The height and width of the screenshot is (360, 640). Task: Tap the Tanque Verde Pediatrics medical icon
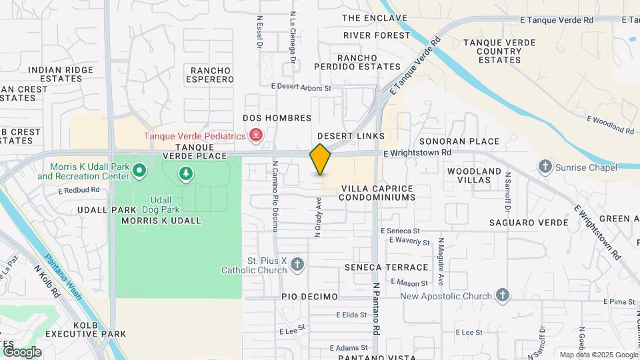click(255, 136)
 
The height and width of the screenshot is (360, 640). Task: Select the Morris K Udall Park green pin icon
click(139, 171)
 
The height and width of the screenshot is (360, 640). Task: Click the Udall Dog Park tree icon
click(186, 175)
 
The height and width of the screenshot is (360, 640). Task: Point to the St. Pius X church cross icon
click(297, 265)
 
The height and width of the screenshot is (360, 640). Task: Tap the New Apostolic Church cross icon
click(502, 295)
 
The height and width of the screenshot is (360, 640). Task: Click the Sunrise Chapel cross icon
click(545, 166)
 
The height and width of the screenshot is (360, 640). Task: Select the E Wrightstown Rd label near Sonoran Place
click(417, 153)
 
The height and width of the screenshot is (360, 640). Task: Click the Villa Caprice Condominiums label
click(378, 193)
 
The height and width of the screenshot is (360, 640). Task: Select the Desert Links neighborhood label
click(355, 136)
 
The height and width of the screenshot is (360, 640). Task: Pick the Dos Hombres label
click(277, 118)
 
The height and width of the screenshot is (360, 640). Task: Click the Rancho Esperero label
click(212, 75)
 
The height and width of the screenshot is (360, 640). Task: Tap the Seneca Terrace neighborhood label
click(386, 267)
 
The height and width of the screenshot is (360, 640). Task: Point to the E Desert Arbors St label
click(301, 87)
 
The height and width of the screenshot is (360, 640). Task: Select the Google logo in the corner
click(21, 351)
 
